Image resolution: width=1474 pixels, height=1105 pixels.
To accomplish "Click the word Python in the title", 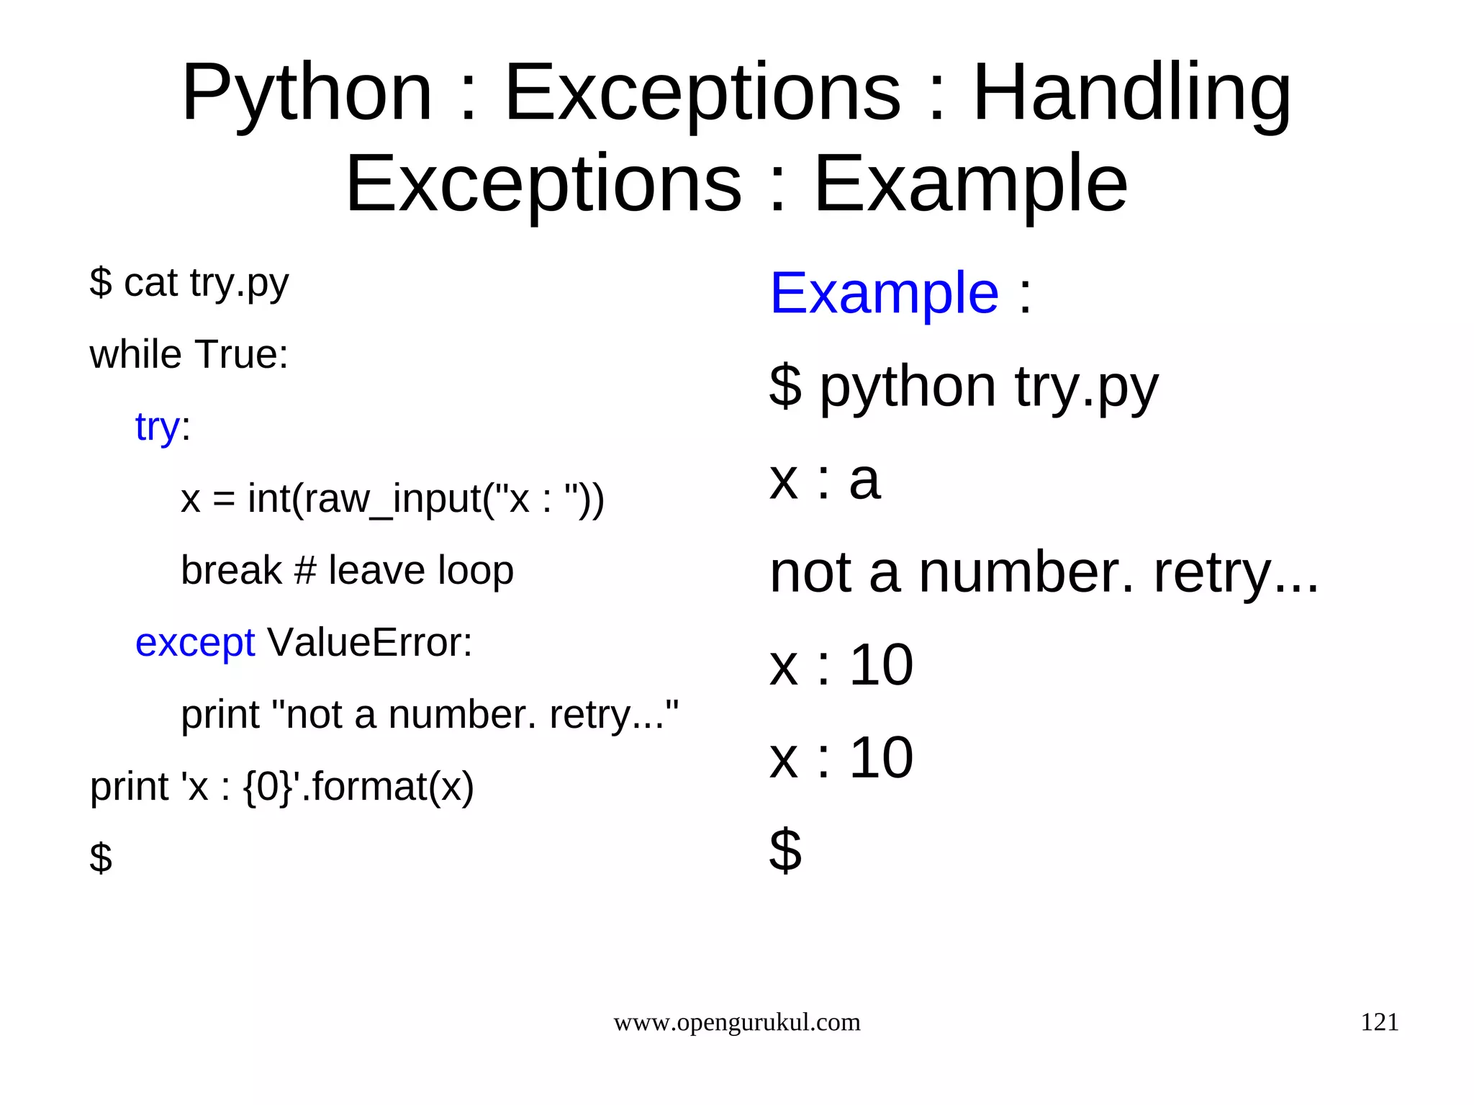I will click(307, 94).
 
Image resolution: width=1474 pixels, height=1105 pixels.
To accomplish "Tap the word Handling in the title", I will click(1131, 94).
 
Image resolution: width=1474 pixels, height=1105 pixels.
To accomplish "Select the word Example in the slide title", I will click(970, 185).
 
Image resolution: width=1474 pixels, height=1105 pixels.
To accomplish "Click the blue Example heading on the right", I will click(884, 293).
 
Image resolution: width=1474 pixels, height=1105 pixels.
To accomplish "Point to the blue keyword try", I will click(157, 427).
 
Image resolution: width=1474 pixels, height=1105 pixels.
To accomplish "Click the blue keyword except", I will click(194, 642).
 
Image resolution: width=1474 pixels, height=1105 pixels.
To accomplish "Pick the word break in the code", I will click(231, 570).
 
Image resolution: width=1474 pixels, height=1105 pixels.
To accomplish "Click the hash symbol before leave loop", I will click(305, 570).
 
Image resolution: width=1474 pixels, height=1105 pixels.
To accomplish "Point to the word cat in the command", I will click(150, 282).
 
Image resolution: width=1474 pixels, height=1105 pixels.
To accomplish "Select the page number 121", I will click(1379, 1022).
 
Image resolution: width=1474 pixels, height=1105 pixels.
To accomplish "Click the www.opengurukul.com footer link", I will click(736, 1022).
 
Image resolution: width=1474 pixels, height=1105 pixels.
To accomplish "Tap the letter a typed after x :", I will click(864, 480).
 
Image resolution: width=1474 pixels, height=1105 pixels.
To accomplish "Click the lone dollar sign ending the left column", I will click(101, 857).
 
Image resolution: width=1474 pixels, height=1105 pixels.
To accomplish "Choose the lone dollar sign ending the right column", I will click(785, 850).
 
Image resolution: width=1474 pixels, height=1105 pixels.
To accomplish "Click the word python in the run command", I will click(908, 387).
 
